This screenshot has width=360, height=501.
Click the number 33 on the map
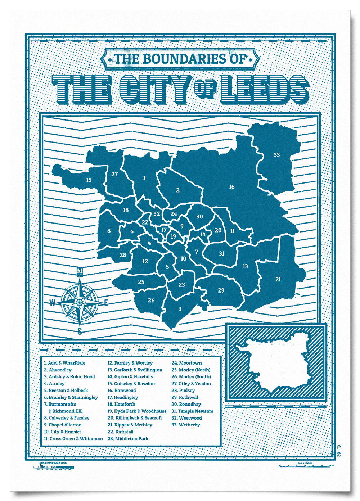276,155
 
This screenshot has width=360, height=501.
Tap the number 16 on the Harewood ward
231,187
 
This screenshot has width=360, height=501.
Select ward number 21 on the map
278,279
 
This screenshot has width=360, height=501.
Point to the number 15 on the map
89,180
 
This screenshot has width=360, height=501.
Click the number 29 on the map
221,290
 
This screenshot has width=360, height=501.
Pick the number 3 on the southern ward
180,309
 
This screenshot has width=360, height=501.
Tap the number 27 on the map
114,174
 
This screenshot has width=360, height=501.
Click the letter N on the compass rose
80,272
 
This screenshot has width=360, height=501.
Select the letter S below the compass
80,331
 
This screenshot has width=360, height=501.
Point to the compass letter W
53,303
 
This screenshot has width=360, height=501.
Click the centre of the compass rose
80,303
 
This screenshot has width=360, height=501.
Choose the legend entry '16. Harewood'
122,391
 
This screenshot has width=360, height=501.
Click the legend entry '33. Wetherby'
185,425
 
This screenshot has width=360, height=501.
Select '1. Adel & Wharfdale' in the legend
64,363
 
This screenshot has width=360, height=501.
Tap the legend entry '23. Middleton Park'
128,439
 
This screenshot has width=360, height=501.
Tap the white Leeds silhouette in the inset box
274,364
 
